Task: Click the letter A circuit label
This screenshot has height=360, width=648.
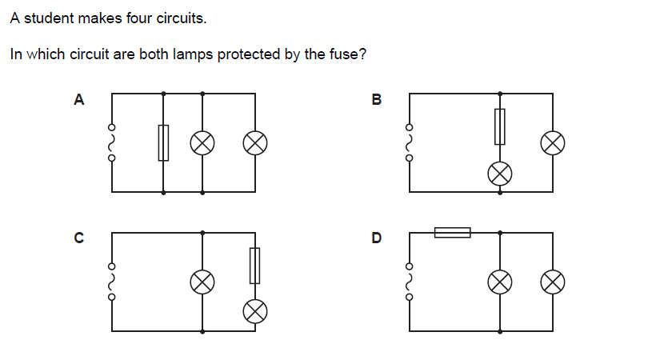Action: point(78,100)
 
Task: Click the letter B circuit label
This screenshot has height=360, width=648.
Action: point(377,100)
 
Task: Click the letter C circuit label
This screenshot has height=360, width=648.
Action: point(78,238)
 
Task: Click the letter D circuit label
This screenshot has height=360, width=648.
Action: point(377,238)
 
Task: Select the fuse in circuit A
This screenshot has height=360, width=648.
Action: point(163,143)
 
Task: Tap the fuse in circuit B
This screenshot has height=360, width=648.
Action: point(500,126)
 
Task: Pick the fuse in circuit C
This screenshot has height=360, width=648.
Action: point(254,266)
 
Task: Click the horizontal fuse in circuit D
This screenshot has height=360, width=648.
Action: point(452,232)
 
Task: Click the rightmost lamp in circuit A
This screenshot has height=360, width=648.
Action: point(254,143)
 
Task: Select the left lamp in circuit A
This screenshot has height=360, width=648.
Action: point(202,143)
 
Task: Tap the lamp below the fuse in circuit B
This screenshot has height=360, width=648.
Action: point(500,173)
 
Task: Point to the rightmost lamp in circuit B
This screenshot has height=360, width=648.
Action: point(552,143)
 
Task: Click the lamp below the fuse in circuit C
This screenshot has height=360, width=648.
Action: point(254,310)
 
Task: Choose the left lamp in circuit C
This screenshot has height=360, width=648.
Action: point(202,281)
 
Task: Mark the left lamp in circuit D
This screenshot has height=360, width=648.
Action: point(500,281)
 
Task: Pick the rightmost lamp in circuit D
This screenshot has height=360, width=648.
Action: point(552,281)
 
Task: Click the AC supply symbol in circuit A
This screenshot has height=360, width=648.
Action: point(112,143)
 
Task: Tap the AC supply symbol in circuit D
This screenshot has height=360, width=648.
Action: point(410,281)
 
